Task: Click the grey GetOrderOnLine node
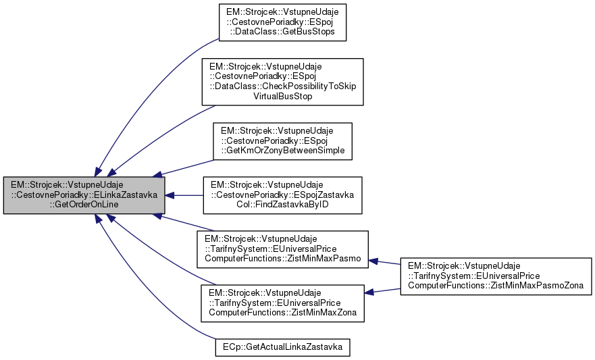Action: [84, 195]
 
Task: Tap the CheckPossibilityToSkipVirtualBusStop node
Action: [282, 82]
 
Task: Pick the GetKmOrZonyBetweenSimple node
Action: [282, 140]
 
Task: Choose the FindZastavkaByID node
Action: [283, 196]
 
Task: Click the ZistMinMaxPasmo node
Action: [281, 248]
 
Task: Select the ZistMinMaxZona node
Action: [281, 302]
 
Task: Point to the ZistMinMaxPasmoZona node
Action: [496, 277]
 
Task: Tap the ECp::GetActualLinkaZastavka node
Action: [283, 347]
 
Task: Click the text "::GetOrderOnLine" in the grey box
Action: [84, 205]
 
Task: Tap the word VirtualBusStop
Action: [282, 96]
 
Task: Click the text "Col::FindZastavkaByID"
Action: [283, 205]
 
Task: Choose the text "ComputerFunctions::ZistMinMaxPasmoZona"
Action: [496, 286]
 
